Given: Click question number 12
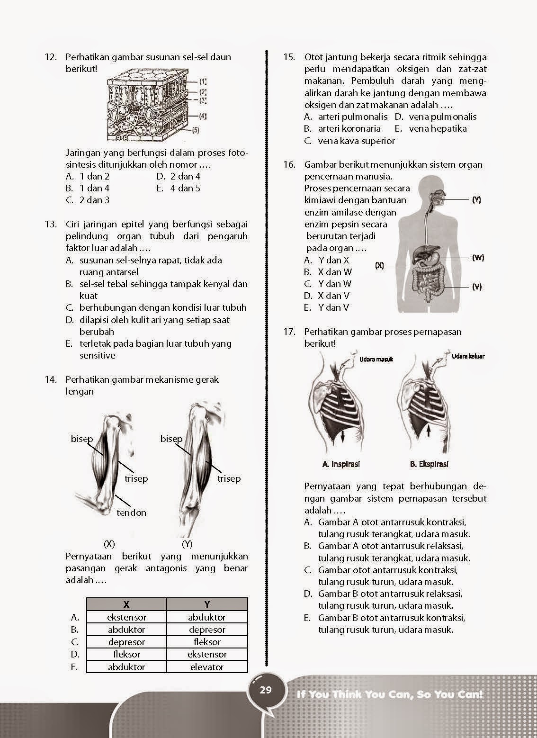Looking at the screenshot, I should point(50,57).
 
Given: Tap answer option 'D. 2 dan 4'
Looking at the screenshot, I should point(179,176).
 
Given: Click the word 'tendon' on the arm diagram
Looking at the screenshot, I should point(132,513).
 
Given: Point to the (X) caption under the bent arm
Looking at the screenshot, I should point(109,544).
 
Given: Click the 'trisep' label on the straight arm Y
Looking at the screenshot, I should point(229,478).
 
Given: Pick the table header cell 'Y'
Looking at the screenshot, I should point(207,604).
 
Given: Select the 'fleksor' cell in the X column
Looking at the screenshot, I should point(126,654).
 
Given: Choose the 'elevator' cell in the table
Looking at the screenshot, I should point(207,666).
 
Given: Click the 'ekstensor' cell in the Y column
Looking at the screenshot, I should point(207,654).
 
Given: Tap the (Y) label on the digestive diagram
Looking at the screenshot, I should point(476,200).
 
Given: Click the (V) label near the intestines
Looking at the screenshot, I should point(477,287).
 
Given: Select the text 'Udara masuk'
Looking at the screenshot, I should point(376,360).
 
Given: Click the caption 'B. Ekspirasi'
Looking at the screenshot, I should point(429,464).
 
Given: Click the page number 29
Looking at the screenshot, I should point(266,690).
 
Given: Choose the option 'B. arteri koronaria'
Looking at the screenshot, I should point(342,128).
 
